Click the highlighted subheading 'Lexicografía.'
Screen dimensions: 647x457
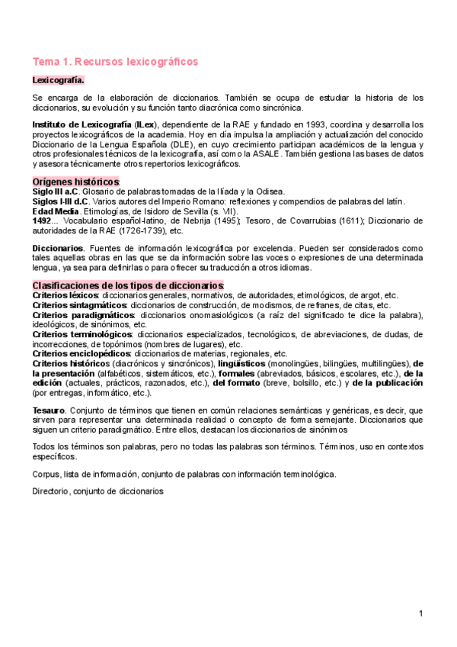[58, 79]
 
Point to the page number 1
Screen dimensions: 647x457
[420, 613]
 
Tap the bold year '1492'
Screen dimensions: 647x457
[43, 220]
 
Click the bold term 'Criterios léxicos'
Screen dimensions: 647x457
[65, 295]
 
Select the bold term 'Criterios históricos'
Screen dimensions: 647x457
[71, 364]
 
